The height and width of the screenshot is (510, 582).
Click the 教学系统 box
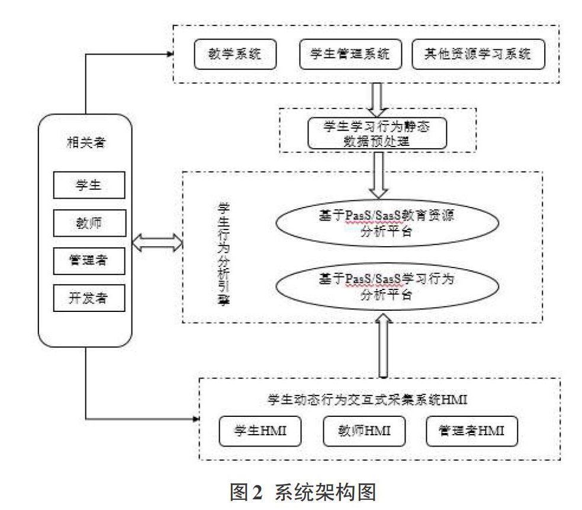pos(235,55)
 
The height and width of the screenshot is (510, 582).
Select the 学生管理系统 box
pos(351,55)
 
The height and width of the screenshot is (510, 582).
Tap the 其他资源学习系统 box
pos(478,55)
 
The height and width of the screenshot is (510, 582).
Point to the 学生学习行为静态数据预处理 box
pos(377,133)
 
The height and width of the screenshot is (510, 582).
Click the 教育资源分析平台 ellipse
pos(387,223)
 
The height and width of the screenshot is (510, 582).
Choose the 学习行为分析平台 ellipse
pos(387,286)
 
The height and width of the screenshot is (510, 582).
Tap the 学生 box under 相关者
pos(89,185)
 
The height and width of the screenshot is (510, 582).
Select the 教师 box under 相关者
pos(89,223)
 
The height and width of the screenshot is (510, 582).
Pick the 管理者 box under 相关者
pos(89,261)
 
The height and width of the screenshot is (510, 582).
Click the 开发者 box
pos(89,298)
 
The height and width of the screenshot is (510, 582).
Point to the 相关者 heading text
pos(86,142)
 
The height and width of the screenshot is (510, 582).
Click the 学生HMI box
pos(260,431)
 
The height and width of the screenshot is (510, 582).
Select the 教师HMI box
pos(364,431)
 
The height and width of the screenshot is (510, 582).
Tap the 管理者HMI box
pos(472,431)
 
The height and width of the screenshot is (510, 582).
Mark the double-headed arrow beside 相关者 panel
pos(157,243)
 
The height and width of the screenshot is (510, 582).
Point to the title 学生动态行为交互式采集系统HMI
pos(368,400)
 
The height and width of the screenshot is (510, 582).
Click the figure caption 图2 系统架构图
pos(303,492)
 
